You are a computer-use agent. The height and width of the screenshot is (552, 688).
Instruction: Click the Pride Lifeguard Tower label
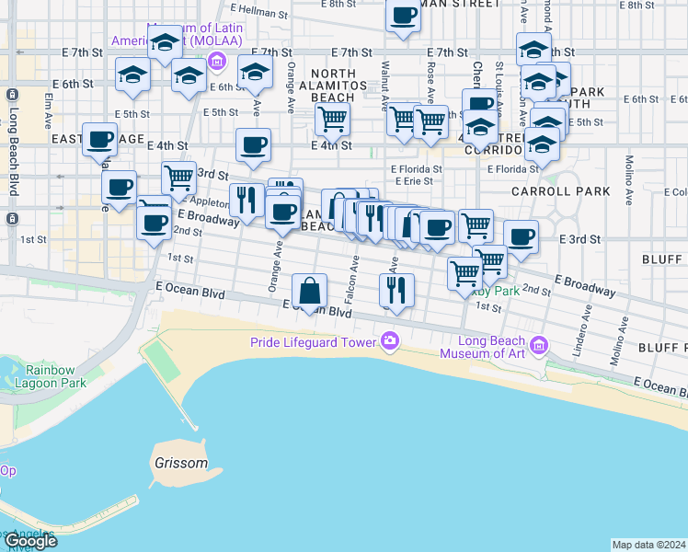313,342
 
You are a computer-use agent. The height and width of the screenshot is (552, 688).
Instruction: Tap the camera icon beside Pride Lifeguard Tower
391,342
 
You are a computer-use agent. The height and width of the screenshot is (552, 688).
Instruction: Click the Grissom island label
182,463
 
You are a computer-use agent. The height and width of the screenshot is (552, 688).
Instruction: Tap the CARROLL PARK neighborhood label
562,191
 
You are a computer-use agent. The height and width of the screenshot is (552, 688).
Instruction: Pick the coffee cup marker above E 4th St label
253,144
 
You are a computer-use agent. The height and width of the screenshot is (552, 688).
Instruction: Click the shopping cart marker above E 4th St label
332,118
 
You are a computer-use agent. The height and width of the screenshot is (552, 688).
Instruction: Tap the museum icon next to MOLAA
217,62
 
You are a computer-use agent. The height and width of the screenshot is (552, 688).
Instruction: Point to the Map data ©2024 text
649,545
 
